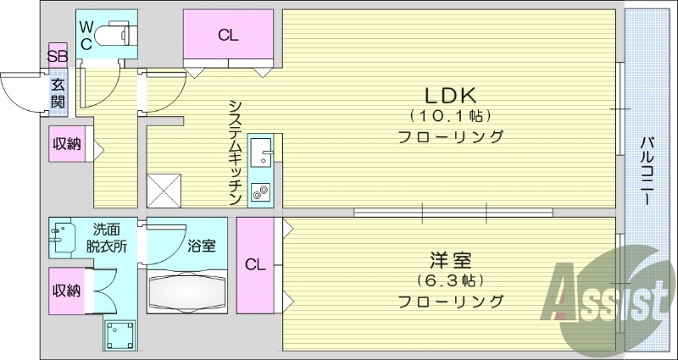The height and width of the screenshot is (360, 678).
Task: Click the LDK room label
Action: point(450,94)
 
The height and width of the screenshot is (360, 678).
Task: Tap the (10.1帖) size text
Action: point(450,115)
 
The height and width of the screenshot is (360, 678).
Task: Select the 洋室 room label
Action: point(450,260)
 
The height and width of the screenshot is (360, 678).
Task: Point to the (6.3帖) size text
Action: point(450,280)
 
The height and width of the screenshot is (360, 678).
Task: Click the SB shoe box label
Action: point(57,58)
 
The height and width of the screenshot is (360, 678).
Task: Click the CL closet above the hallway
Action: point(227,36)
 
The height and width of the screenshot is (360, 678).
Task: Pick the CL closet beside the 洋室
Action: point(255,264)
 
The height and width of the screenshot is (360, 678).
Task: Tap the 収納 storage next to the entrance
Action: point(66,143)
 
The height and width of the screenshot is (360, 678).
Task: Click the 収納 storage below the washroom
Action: point(66,291)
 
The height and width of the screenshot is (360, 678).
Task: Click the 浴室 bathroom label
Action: point(201,246)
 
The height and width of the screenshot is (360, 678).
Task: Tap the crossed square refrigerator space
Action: point(163,190)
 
